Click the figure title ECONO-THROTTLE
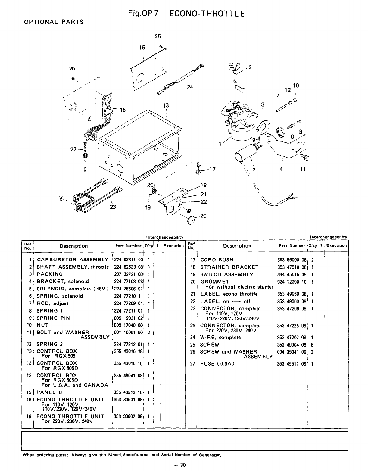coord(207,14)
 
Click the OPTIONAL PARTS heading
coord(53,22)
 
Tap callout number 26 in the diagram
coord(72,68)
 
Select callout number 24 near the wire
coord(189,87)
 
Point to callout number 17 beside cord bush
coord(213,169)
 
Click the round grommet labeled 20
coord(192,220)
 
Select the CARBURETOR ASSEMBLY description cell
coord(72,260)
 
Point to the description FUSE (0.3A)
coord(217,363)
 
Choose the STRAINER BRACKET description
coord(229,267)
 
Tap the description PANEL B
coord(49,392)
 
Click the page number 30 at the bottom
coord(184,465)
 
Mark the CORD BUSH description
coord(217,260)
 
